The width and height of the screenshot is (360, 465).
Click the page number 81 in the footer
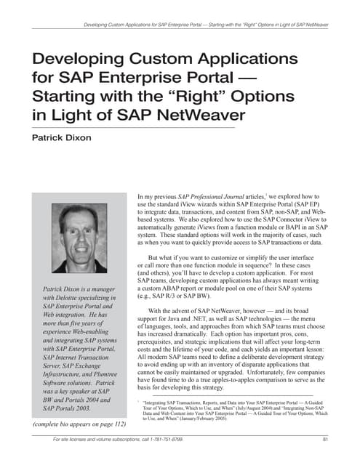pyautogui.click(x=325, y=440)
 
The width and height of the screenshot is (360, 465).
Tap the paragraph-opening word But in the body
pyautogui.click(x=156, y=258)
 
